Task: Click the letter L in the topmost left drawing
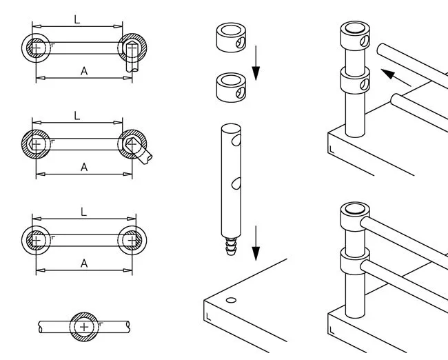77,20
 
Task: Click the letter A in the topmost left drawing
84,70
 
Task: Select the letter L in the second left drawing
77,117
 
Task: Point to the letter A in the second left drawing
84,167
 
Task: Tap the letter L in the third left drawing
84,213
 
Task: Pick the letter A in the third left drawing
84,263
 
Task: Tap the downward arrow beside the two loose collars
256,63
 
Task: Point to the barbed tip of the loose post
230,246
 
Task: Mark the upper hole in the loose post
236,141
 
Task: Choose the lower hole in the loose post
236,183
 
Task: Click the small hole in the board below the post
231,300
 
